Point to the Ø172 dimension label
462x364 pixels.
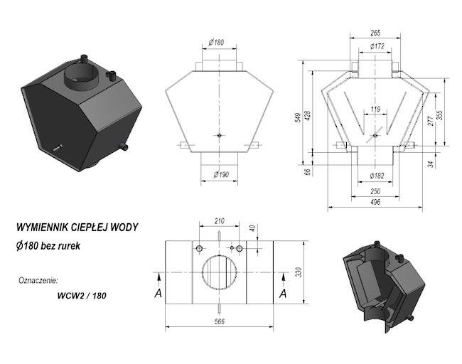(376, 47)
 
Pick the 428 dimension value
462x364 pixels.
(308, 115)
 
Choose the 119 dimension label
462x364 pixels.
(375, 109)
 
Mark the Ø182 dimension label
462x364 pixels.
(376, 175)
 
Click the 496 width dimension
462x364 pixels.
(375, 203)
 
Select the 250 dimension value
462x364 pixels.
(375, 191)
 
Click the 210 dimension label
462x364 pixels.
(220, 221)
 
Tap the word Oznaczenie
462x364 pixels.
(38, 279)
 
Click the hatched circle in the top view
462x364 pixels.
(220, 274)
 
